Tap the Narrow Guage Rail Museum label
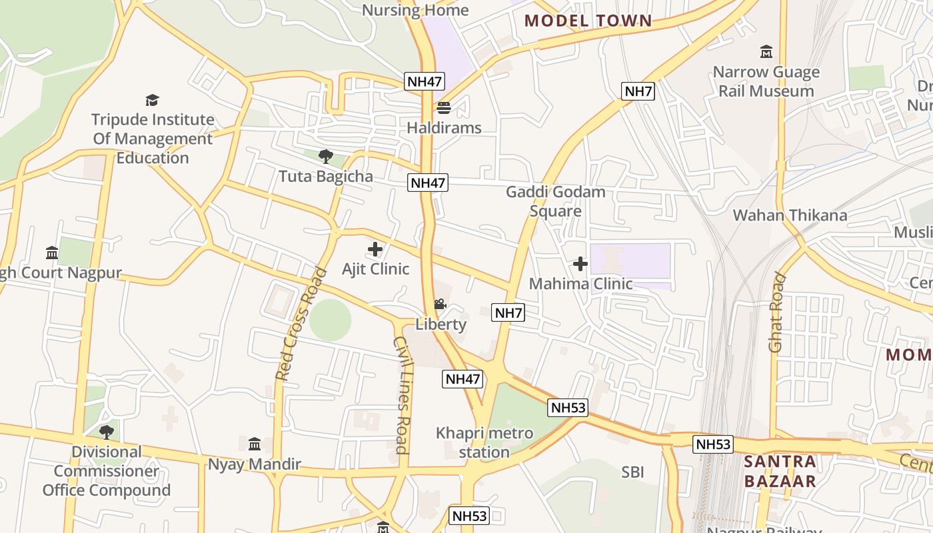(x=766, y=81)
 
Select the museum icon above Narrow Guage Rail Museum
(x=766, y=52)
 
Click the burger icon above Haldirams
(x=444, y=107)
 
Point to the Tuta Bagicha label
(x=326, y=177)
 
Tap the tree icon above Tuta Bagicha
(x=326, y=157)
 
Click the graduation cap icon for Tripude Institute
(x=153, y=101)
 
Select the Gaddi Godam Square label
(x=556, y=201)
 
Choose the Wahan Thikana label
(x=790, y=215)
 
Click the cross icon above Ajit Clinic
(x=375, y=249)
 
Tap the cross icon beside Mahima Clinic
(x=580, y=264)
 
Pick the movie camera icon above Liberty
(x=440, y=304)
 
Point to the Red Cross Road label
(x=302, y=324)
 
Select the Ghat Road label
(x=777, y=312)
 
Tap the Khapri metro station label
(x=484, y=442)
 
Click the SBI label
(x=632, y=472)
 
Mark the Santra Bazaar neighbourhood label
(x=780, y=471)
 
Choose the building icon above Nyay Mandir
(x=255, y=444)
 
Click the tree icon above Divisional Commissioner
(x=107, y=432)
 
